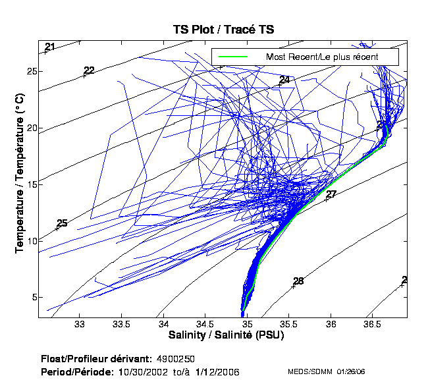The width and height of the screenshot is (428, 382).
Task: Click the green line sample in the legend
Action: tap(232, 57)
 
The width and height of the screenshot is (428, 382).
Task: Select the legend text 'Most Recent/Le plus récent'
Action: tap(321, 57)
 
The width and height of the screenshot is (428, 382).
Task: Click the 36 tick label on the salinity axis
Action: tap(331, 325)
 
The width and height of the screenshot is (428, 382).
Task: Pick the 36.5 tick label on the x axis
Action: tap(373, 325)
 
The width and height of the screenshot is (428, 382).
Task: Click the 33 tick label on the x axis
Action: tap(80, 325)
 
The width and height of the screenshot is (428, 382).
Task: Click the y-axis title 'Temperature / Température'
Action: tap(19, 173)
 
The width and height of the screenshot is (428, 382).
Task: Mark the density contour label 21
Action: tap(50, 47)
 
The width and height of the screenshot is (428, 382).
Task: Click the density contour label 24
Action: tap(284, 80)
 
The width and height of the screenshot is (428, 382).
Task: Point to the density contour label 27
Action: tap(331, 194)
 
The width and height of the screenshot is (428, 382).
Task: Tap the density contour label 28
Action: tap(298, 282)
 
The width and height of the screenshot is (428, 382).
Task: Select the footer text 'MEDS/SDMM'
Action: tap(308, 372)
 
